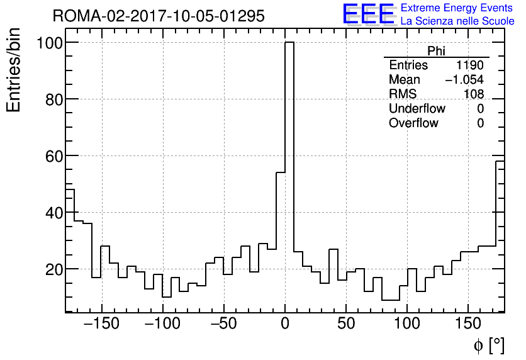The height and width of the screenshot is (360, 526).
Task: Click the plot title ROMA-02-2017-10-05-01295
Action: [x=158, y=16]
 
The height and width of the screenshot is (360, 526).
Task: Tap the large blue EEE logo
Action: [x=368, y=14]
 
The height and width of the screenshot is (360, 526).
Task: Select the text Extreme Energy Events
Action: [x=457, y=8]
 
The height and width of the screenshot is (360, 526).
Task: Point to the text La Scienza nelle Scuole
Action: [x=457, y=21]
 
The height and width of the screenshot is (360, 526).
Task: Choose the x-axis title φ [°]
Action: [x=488, y=345]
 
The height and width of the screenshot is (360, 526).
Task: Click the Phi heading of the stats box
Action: [x=436, y=51]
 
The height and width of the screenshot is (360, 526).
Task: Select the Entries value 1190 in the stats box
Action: [x=470, y=65]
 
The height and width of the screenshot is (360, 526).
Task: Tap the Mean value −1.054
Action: [x=464, y=80]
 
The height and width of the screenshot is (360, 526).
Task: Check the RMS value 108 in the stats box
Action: [x=473, y=94]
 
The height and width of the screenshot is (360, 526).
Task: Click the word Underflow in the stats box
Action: [x=417, y=109]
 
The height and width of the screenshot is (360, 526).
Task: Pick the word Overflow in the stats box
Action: [x=413, y=123]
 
